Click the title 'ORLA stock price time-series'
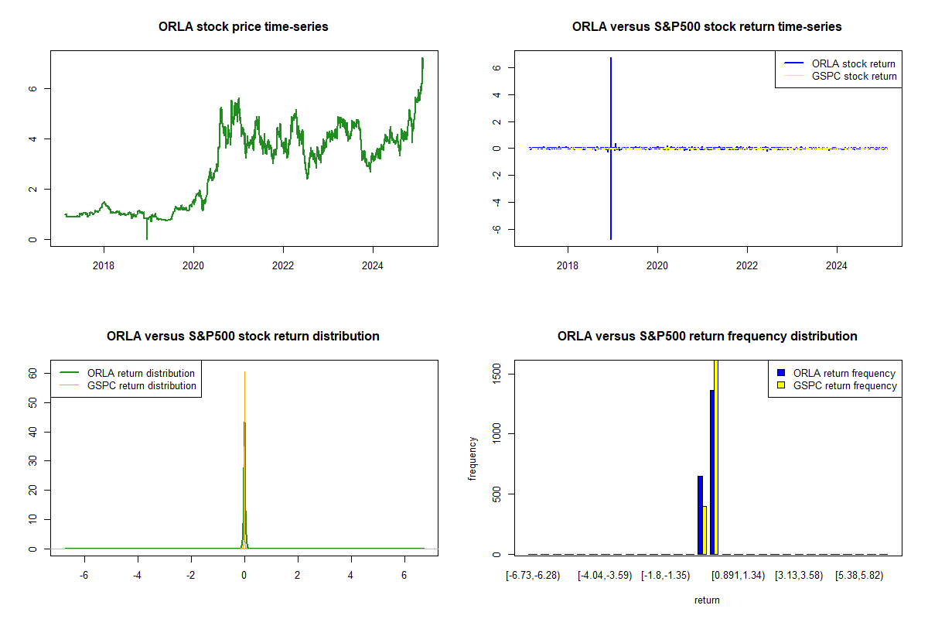click(244, 27)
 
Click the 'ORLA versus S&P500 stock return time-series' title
click(707, 27)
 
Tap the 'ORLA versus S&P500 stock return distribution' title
click(244, 337)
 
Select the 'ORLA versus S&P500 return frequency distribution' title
click(707, 337)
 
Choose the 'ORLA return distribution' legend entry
click(141, 374)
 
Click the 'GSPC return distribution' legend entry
click(142, 386)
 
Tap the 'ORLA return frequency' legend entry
click(844, 374)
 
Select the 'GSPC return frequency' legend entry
click(844, 386)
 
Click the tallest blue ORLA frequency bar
click(712, 472)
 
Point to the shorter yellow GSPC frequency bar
click(705, 530)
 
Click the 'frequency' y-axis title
click(473, 457)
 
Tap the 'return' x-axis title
click(707, 600)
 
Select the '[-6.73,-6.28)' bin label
click(530, 576)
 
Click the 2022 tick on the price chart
click(283, 264)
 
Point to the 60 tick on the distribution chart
click(33, 372)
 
